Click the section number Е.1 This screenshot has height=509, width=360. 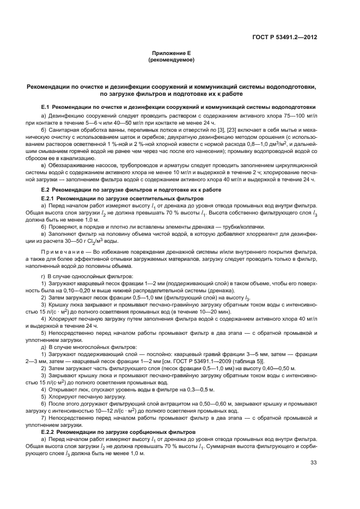click(46, 107)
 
